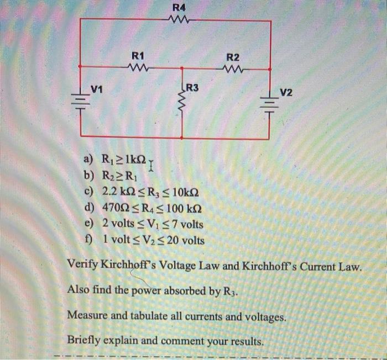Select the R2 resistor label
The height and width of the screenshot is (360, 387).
click(233, 57)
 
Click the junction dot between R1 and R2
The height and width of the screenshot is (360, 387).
click(182, 68)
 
